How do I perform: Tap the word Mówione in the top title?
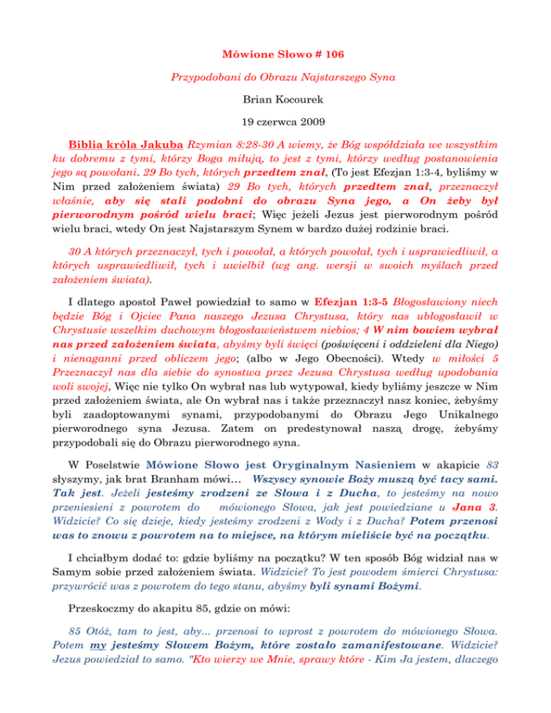coord(232,53)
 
